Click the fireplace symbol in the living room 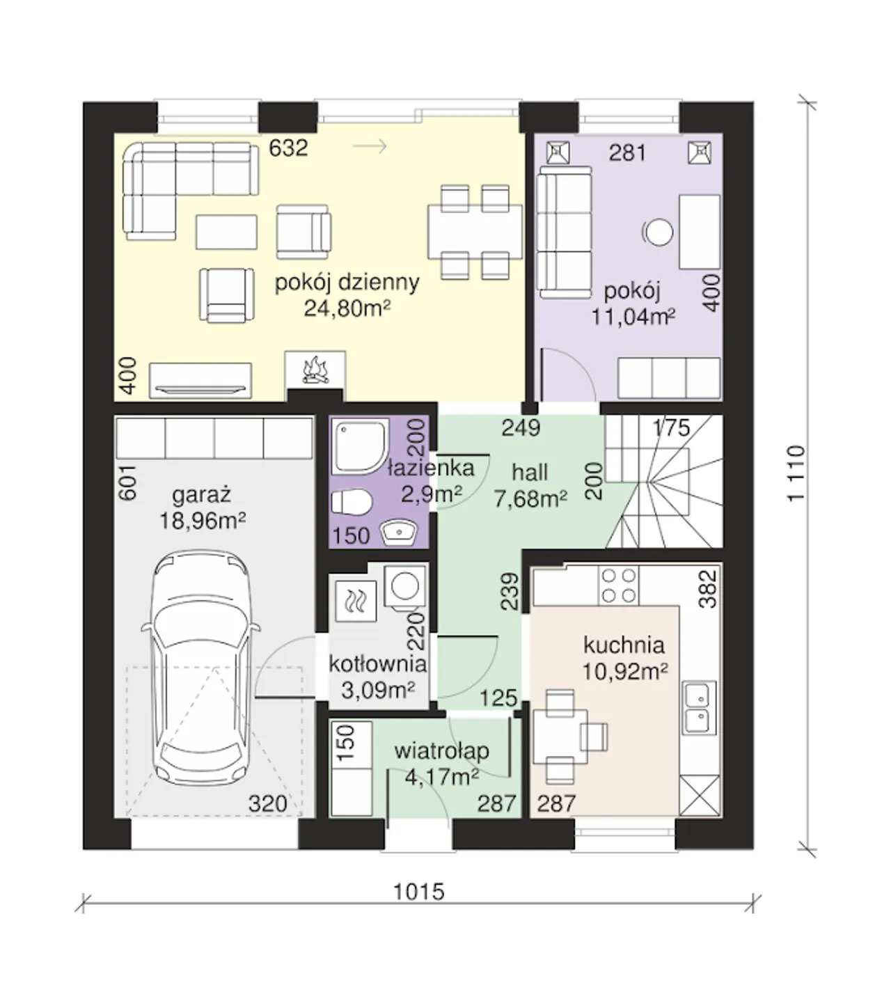pos(315,370)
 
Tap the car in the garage pos(200,671)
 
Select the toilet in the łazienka pos(352,502)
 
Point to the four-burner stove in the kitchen pos(619,585)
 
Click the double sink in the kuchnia pos(699,708)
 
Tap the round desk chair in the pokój pos(659,232)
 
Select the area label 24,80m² pos(347,309)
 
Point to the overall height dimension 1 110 pos(796,473)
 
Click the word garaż pos(202,496)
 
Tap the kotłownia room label pos(377,663)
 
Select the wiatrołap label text pos(442,750)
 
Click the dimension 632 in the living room pos(289,148)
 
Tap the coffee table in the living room pos(226,232)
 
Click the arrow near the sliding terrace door pos(370,146)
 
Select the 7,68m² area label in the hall pos(530,498)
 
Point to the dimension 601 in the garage pos(127,482)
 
